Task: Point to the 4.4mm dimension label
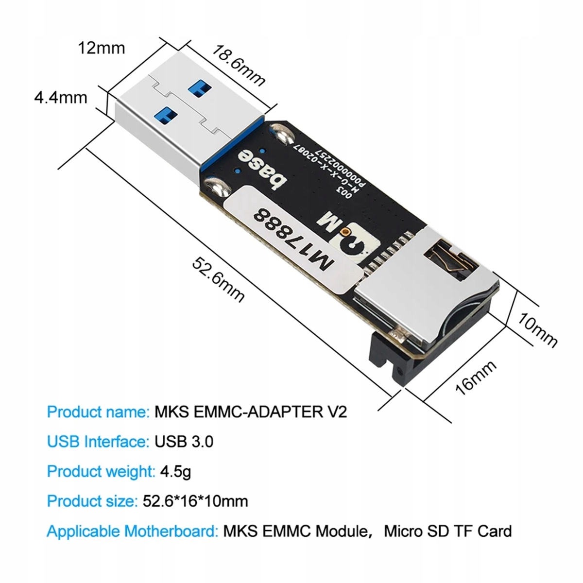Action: click(60, 98)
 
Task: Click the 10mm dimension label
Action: click(537, 329)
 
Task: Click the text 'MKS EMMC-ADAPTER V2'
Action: click(251, 412)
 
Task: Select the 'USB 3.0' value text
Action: click(184, 442)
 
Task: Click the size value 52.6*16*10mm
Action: click(196, 501)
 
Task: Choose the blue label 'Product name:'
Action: click(98, 412)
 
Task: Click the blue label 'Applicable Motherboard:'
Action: click(132, 531)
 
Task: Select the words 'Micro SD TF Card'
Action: click(448, 531)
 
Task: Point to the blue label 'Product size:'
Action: click(90, 501)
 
